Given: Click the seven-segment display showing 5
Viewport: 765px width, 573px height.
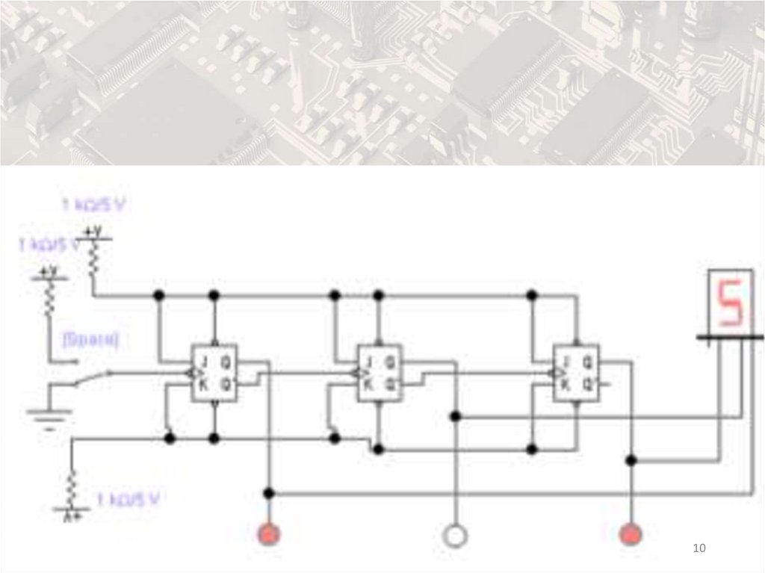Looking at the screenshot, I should [729, 303].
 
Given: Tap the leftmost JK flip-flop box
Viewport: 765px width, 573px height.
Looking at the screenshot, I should [214, 373].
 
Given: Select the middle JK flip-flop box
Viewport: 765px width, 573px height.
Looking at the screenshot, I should [380, 373].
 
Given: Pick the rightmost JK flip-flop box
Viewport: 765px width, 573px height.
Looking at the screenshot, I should [575, 373].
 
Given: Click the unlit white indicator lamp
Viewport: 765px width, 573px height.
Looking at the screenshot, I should [454, 535].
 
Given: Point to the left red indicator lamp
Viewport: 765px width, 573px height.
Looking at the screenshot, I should [268, 535].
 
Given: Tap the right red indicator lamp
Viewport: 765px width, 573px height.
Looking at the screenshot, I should [632, 535].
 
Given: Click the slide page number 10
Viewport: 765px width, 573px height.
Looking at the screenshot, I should [699, 549].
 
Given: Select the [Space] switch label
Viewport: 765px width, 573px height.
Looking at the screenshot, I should [91, 340].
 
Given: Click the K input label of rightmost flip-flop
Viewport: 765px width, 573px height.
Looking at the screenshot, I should [566, 385].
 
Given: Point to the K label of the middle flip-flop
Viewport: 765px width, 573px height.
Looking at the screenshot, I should [368, 385].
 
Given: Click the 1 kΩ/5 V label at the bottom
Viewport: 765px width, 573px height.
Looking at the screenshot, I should [131, 498].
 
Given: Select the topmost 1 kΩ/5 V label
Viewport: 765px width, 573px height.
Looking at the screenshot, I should [93, 204].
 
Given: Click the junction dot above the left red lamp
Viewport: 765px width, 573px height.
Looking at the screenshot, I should [269, 493].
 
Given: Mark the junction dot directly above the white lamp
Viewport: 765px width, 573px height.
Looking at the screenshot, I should [455, 415].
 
